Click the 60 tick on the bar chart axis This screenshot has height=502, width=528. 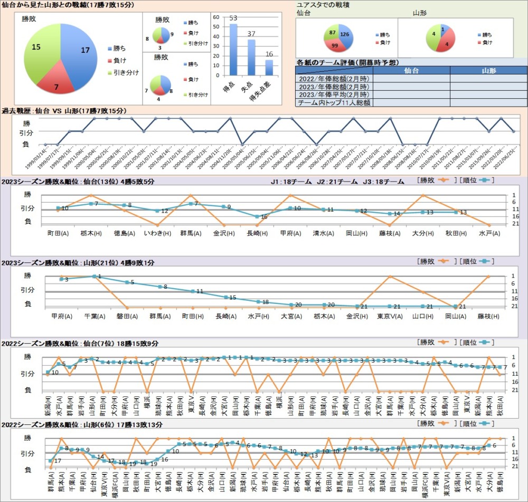[x=216, y=17]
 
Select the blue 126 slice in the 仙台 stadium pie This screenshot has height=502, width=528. [x=345, y=34]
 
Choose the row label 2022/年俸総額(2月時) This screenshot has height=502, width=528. [x=334, y=79]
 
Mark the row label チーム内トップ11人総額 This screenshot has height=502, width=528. [x=334, y=103]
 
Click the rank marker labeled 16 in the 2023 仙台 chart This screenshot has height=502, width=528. [x=257, y=216]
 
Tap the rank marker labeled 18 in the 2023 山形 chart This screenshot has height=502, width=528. [x=258, y=302]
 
